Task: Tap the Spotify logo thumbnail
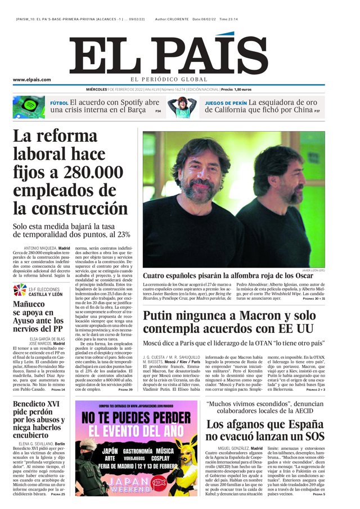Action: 29,107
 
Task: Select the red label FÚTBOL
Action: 59,103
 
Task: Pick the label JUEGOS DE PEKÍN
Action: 225,103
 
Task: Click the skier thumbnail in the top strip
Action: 182,107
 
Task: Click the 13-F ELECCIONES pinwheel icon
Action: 20,290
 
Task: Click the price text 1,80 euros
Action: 239,89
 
